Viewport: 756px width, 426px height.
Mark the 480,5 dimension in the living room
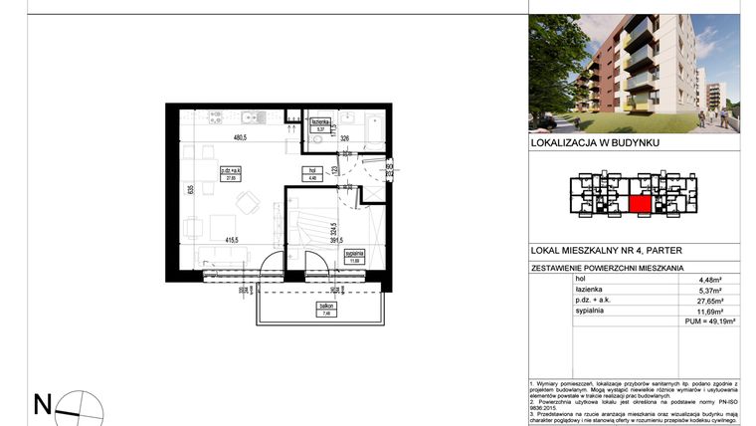(240, 138)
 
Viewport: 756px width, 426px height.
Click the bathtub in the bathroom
(375, 130)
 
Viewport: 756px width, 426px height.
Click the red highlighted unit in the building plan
(641, 204)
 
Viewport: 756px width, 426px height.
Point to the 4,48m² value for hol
(717, 280)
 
